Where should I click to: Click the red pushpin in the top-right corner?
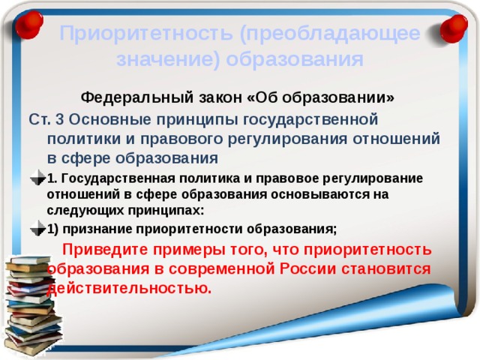[455, 29]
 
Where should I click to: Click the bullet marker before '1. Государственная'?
[39, 178]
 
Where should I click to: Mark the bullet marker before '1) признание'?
[39, 229]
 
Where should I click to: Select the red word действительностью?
[128, 287]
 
